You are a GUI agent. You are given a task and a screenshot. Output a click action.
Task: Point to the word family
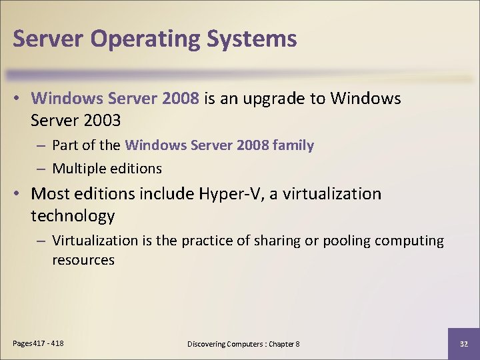295,145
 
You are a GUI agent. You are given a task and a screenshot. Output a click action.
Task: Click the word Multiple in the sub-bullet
76,168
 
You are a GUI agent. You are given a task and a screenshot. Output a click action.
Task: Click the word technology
73,216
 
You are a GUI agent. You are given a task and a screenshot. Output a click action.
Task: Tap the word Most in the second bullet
51,194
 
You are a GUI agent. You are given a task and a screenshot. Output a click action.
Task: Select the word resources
83,260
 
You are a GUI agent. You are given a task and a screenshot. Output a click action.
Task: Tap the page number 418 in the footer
57,343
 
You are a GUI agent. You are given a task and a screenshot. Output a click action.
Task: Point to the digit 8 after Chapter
297,343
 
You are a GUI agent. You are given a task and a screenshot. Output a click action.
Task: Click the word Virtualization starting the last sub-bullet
95,241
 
